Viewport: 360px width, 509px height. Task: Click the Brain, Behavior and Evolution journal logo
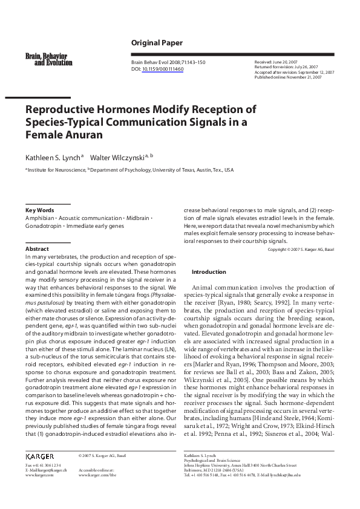click(x=48, y=59)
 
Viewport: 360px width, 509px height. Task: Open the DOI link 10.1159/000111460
click(x=162, y=69)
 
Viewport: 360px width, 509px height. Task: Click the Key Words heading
click(x=39, y=210)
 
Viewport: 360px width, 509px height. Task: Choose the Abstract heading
click(x=37, y=248)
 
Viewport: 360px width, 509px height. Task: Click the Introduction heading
click(x=209, y=272)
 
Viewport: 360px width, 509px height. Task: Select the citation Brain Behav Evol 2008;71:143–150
click(x=168, y=62)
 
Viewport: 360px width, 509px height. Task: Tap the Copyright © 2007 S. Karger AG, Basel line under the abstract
click(x=301, y=249)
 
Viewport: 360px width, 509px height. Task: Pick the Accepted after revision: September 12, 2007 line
click(x=294, y=72)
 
